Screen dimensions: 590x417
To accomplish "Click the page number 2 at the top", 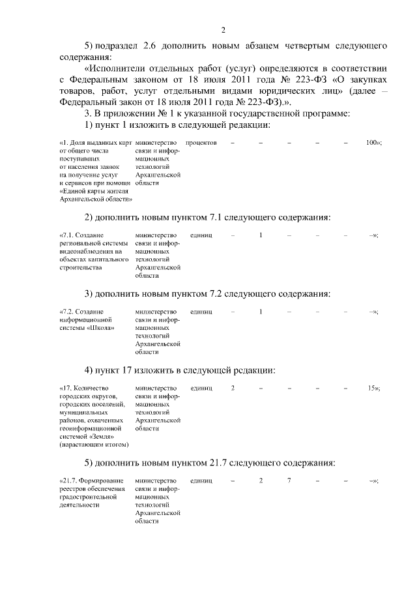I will pyautogui.click(x=223, y=31).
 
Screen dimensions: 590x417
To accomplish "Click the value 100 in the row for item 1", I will pyautogui.click(x=372, y=142).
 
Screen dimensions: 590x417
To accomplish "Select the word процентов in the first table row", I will pyautogui.click(x=201, y=142).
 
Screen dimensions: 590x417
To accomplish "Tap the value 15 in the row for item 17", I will pyautogui.click(x=372, y=388).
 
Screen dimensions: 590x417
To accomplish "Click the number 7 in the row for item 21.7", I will pyautogui.click(x=289, y=480).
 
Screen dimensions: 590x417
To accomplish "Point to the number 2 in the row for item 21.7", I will pyautogui.click(x=261, y=480).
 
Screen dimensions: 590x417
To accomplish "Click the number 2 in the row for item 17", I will pyautogui.click(x=233, y=388).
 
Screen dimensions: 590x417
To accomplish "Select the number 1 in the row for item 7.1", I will pyautogui.click(x=261, y=235).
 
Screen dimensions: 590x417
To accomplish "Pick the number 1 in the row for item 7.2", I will pyautogui.click(x=261, y=312).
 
